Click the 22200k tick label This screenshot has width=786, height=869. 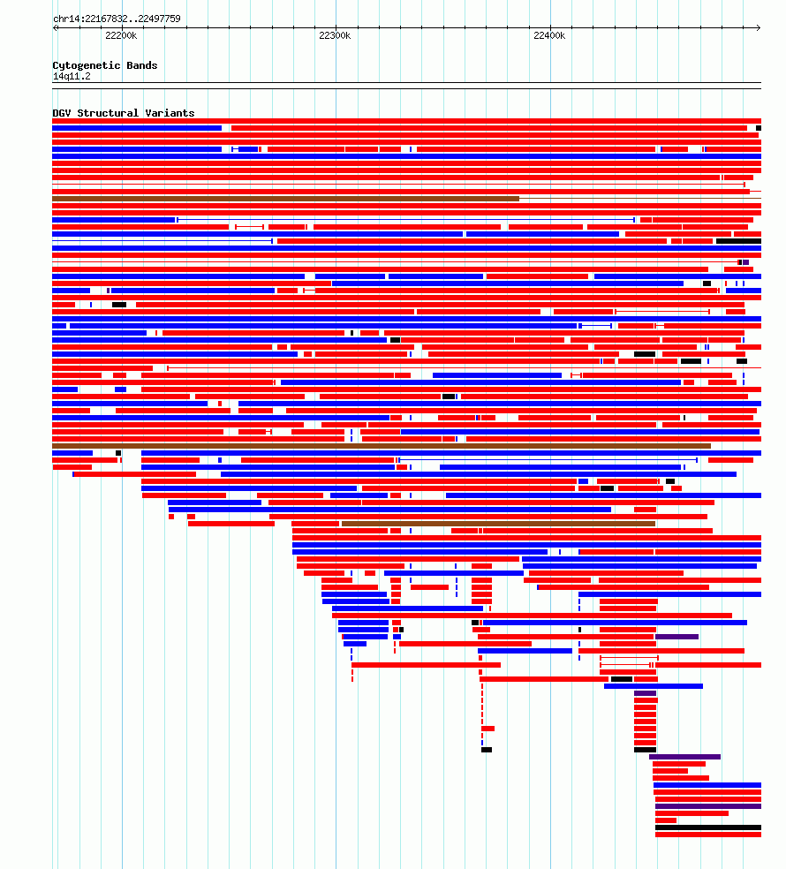[x=121, y=35]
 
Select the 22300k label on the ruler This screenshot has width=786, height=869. [x=335, y=35]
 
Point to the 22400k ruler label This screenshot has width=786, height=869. [x=549, y=35]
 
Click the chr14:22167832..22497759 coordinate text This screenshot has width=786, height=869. [x=117, y=19]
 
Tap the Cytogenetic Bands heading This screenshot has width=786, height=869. [x=105, y=65]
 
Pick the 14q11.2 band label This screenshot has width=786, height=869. [x=72, y=77]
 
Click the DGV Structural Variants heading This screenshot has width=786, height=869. [x=124, y=113]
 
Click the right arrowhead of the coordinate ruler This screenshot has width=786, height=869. [x=759, y=27]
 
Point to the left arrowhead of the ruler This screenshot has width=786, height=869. [x=55, y=27]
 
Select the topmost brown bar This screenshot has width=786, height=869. [x=285, y=199]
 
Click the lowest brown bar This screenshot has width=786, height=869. [x=498, y=524]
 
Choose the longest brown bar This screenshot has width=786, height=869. [x=382, y=446]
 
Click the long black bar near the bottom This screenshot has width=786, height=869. [x=708, y=827]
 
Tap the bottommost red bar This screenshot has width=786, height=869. [x=708, y=835]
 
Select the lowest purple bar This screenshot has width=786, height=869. [x=708, y=806]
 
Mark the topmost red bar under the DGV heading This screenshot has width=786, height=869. [x=406, y=121]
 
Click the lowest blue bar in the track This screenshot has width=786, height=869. [x=707, y=785]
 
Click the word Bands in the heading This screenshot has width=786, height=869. [x=142, y=65]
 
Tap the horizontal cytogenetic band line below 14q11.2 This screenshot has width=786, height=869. [x=406, y=83]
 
